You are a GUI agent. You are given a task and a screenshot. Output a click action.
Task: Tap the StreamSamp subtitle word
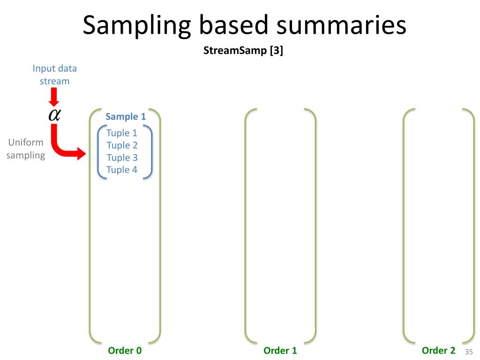tap(235, 51)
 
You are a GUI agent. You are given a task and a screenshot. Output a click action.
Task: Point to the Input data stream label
tap(54, 75)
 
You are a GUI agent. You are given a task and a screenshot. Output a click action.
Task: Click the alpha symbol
tap(54, 115)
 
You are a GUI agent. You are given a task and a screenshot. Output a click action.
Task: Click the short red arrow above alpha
tap(54, 97)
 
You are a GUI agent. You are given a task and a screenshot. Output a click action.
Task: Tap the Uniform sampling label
tap(26, 149)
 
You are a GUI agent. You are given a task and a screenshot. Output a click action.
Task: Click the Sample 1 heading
tap(126, 117)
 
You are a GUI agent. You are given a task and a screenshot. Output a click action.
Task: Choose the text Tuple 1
tap(122, 133)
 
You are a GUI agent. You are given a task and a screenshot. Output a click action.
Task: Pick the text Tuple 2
tap(122, 145)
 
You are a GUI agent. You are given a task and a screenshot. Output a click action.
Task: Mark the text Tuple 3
tap(122, 157)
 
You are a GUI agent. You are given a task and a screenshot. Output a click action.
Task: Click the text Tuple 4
tap(122, 170)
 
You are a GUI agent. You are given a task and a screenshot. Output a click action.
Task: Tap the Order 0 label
tap(125, 351)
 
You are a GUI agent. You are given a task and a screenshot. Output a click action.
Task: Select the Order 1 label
tap(280, 351)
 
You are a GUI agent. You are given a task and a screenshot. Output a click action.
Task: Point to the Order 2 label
tap(438, 350)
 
